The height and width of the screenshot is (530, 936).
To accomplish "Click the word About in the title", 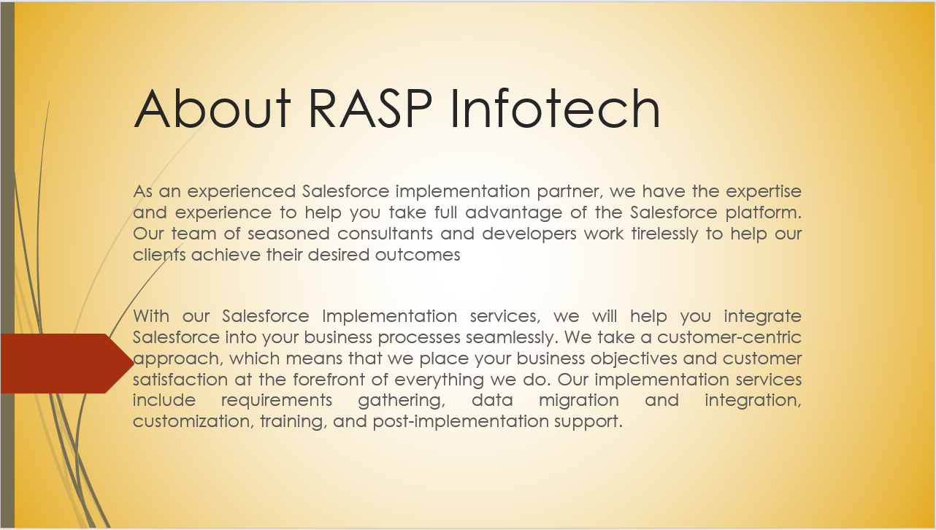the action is (212, 108).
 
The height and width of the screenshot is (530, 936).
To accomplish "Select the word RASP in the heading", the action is (370, 108).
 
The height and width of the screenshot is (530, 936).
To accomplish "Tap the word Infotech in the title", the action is (556, 108).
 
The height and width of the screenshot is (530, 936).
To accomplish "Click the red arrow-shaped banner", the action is (67, 364).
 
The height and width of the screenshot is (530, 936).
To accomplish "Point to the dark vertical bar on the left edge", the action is (7, 265).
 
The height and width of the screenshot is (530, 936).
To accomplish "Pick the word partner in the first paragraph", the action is (570, 192).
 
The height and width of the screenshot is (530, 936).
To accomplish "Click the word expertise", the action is (764, 192).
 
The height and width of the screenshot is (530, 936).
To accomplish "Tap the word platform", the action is (764, 212).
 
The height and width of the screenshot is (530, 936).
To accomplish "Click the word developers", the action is (529, 234).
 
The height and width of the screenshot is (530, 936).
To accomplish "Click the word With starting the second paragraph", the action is (151, 316).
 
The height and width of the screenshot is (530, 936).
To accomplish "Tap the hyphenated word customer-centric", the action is (729, 337).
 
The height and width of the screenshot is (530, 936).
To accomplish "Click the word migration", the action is (579, 401).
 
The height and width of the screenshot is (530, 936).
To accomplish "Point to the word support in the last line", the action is (588, 422).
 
